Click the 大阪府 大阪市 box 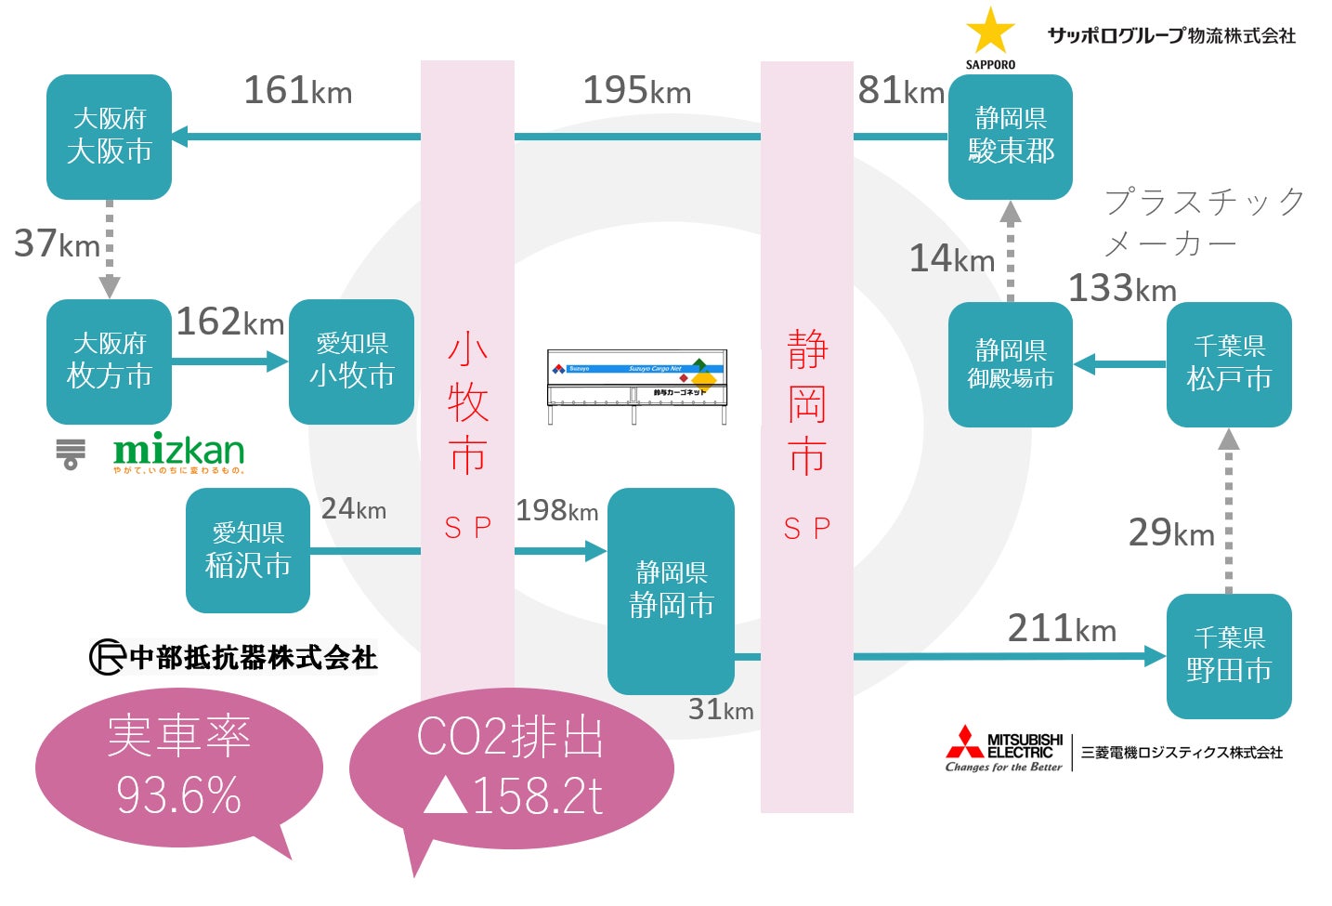tap(109, 137)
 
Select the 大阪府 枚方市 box tap(109, 361)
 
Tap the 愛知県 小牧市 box tap(351, 361)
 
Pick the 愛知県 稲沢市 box tap(248, 550)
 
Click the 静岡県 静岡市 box tap(671, 591)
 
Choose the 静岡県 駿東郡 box tap(1011, 137)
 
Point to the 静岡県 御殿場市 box tap(1011, 364)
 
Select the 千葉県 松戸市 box tap(1229, 364)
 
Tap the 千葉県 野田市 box tap(1229, 656)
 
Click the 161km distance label tap(297, 91)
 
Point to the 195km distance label tap(636, 91)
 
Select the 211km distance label tap(1062, 629)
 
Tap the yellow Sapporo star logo tap(990, 32)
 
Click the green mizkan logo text tap(179, 451)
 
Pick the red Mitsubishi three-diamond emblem tap(964, 742)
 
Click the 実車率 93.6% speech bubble tap(179, 768)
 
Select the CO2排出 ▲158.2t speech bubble tap(511, 768)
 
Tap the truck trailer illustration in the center tap(637, 386)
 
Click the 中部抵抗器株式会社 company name tap(234, 657)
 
